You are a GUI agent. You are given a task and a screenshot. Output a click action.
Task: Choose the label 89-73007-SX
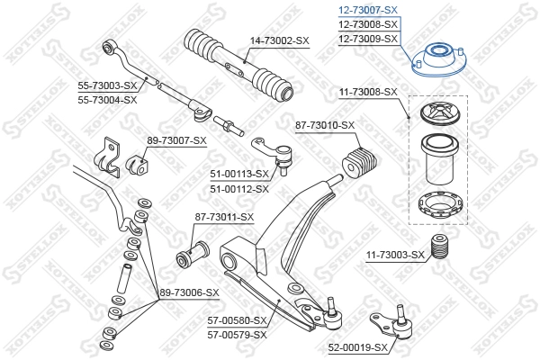coord(176,140)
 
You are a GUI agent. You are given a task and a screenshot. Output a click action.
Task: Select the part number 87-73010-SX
coord(325,125)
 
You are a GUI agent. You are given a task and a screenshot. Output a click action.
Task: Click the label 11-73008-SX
coord(367,92)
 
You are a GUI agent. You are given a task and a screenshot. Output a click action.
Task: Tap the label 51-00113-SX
coord(239,175)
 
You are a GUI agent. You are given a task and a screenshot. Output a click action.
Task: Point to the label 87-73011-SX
coord(224,217)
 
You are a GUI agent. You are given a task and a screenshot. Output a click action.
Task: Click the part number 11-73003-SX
coord(394,256)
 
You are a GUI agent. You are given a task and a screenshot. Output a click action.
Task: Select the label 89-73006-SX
coord(190,292)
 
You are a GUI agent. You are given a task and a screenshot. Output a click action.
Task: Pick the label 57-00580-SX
coord(238,320)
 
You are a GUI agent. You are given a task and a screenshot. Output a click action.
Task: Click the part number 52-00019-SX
coord(357,346)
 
